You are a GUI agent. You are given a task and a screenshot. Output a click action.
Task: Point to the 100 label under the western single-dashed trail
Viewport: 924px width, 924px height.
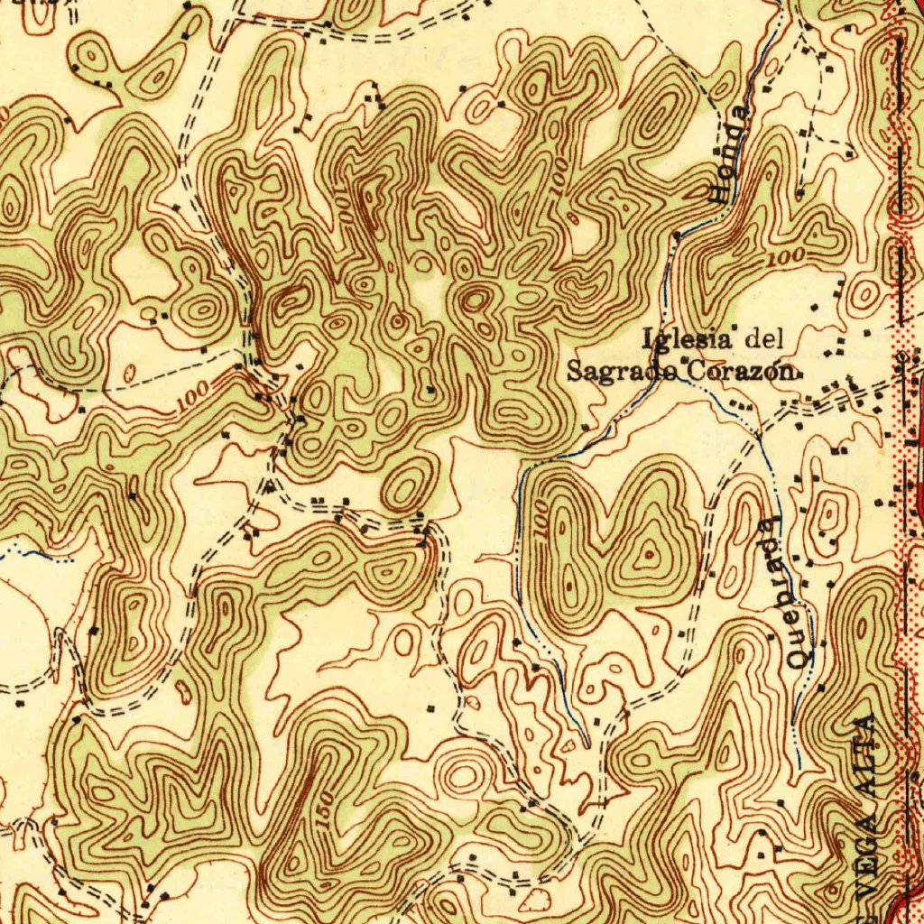tap(191, 393)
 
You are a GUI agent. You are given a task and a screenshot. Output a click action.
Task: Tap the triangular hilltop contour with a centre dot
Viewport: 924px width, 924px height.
tap(648, 553)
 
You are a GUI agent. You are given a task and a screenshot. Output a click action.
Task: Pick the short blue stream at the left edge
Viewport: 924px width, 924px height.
tap(36, 553)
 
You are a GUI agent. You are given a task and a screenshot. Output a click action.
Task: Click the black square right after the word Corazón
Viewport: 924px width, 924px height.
tap(797, 371)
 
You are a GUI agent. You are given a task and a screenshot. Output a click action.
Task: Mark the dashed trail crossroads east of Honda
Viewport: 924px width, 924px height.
tap(817, 135)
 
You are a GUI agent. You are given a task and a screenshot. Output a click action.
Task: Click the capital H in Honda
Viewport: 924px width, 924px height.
tap(721, 190)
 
